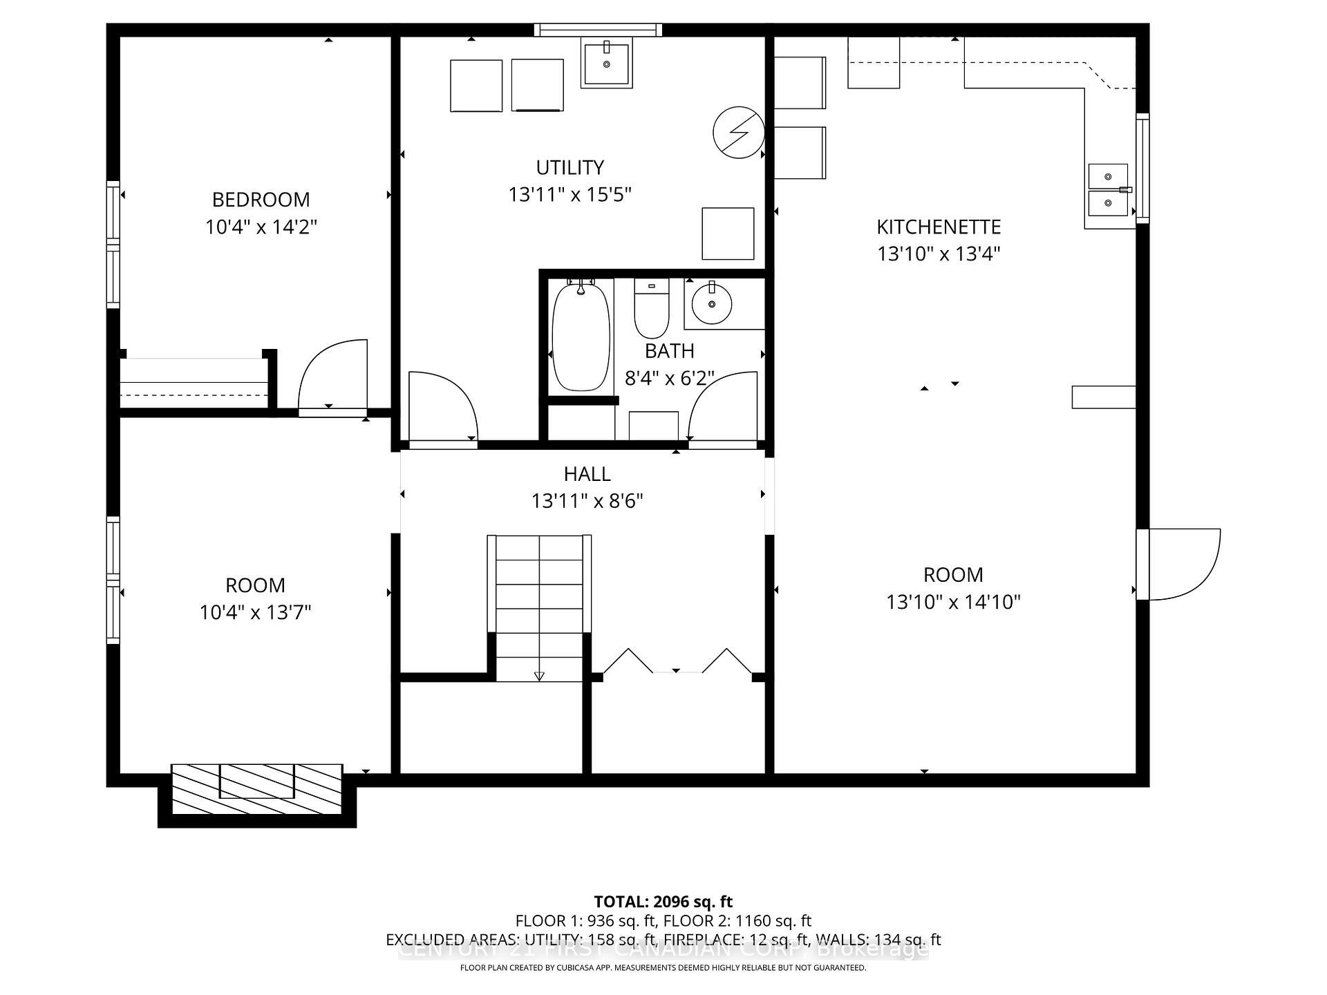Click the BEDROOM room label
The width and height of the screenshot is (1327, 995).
[x=261, y=200]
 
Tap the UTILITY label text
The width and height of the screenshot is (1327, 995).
[x=570, y=168]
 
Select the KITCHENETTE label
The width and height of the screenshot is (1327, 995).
[x=938, y=227]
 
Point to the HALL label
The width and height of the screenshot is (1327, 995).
[x=587, y=474]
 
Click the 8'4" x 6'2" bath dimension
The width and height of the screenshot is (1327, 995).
[x=669, y=379]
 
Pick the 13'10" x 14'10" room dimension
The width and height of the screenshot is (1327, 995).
[x=953, y=602]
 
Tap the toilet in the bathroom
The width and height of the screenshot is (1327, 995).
[x=652, y=310]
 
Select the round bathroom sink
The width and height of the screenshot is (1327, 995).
[x=711, y=305]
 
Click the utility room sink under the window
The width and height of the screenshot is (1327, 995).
[x=606, y=64]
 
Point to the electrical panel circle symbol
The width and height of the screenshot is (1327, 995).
[x=738, y=132]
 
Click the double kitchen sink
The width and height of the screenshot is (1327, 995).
[x=1108, y=190]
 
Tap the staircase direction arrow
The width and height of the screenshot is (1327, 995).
[x=539, y=675]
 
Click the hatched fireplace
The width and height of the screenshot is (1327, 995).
[x=256, y=788]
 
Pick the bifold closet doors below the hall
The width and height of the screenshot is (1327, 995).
[x=677, y=661]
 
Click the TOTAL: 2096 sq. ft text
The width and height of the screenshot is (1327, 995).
[x=663, y=902]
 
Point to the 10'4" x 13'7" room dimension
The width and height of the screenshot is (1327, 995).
[x=255, y=612]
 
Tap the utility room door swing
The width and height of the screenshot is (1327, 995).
[x=442, y=407]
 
